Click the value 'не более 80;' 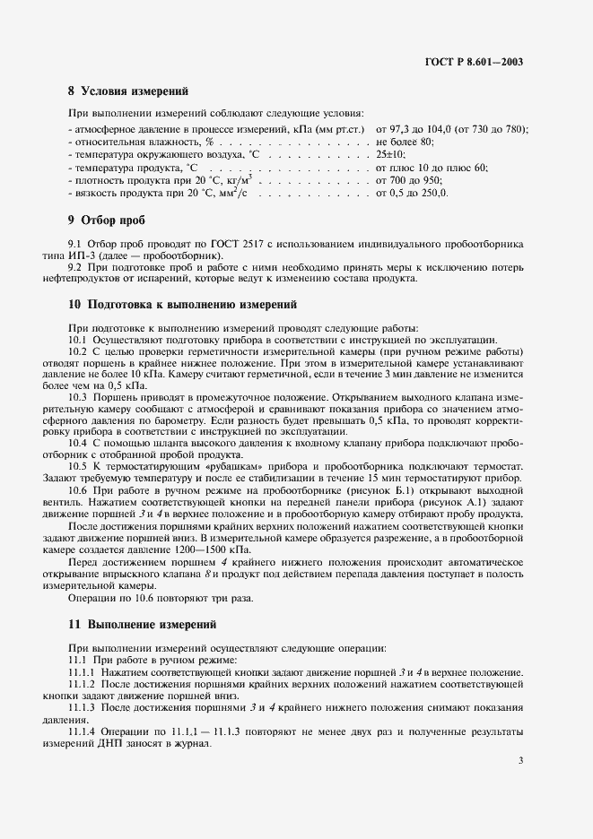[406, 142]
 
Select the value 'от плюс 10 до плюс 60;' [432, 168]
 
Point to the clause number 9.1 [75, 244]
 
